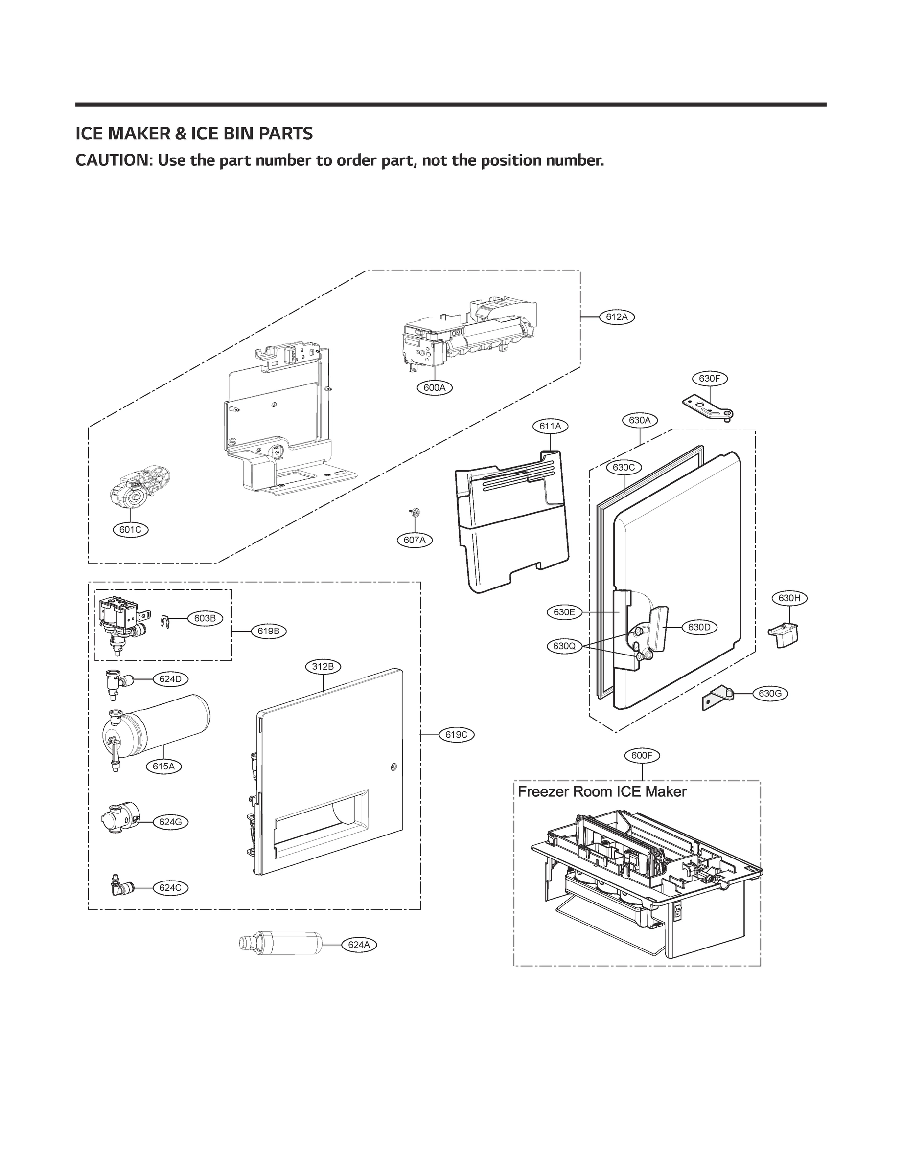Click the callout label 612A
[617, 317]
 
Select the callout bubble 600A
[434, 387]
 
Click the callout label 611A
[550, 426]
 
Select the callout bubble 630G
[770, 693]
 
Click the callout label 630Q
[564, 646]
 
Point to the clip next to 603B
[166, 621]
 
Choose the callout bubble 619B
[269, 631]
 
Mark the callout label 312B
[323, 666]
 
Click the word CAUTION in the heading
[113, 160]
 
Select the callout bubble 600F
[642, 755]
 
